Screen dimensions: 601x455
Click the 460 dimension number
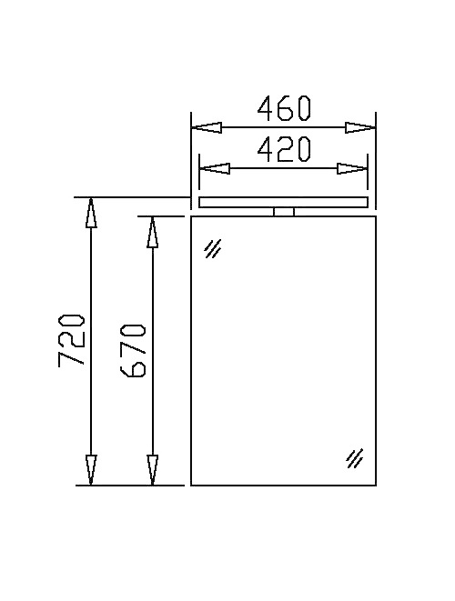pyautogui.click(x=284, y=109)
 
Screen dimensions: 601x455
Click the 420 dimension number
pyautogui.click(x=284, y=149)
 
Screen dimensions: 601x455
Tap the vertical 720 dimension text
pyautogui.click(x=72, y=341)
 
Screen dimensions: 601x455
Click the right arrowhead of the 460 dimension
pyautogui.click(x=361, y=128)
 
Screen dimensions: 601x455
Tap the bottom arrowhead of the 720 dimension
pyautogui.click(x=90, y=470)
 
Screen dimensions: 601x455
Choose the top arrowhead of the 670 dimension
pyautogui.click(x=152, y=232)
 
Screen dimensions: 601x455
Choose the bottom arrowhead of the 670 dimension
pyautogui.click(x=152, y=470)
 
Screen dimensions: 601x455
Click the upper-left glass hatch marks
pyautogui.click(x=213, y=248)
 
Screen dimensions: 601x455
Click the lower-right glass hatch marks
pyautogui.click(x=355, y=458)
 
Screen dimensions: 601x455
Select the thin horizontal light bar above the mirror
pyautogui.click(x=284, y=202)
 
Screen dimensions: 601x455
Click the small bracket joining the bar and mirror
pyautogui.click(x=284, y=212)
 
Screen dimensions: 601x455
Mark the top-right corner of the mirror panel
pyautogui.click(x=376, y=216)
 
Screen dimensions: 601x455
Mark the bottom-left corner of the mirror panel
pyautogui.click(x=191, y=486)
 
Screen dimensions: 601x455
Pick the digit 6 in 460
pyautogui.click(x=284, y=109)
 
